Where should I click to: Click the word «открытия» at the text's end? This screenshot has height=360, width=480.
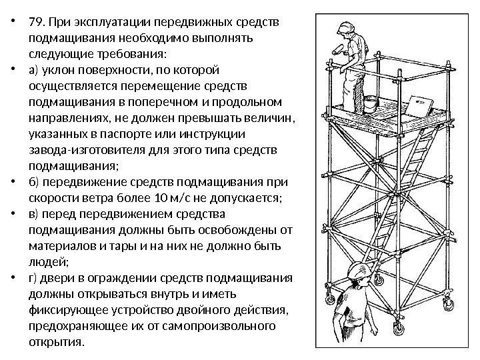click(x=57, y=343)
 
